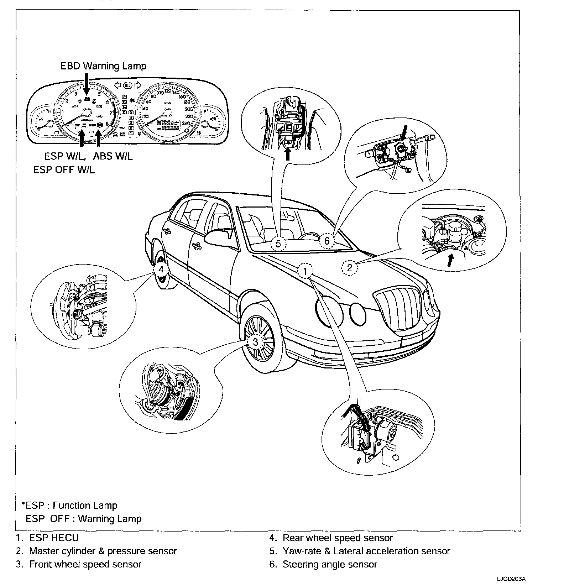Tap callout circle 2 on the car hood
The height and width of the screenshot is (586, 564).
coord(349,267)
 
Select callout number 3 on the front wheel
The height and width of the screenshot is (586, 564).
coord(255,342)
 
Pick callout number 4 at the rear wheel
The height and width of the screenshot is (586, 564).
coord(161,270)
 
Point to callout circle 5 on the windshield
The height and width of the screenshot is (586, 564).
coord(278,244)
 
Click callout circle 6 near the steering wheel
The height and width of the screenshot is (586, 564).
coord(327,241)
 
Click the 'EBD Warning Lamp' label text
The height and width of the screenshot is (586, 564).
coord(103,66)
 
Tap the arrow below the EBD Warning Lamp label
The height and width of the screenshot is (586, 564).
coord(86,84)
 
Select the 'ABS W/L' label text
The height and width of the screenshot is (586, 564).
coord(113,156)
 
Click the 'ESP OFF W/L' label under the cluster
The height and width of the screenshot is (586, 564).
coord(64,170)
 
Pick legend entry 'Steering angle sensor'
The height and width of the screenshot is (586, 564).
coord(329,564)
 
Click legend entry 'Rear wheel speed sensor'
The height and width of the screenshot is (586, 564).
coord(337,538)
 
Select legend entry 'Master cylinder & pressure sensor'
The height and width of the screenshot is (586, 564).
coord(103,551)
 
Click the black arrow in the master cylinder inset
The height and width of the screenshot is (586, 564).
coord(450,260)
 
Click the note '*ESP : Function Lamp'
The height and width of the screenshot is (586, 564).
coord(69,505)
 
